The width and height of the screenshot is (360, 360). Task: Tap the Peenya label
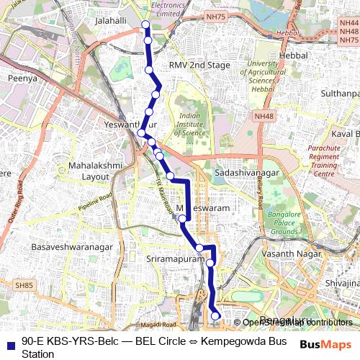[x=21, y=77]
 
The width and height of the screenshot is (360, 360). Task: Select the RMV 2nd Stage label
[x=199, y=66]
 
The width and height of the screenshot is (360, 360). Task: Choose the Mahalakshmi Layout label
[x=94, y=171]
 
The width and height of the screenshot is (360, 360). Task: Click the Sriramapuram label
[x=176, y=258]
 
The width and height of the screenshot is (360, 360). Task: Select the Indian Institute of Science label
[x=190, y=123]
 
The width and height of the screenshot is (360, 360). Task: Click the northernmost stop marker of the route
[x=146, y=25]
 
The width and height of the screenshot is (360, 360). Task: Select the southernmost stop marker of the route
[x=215, y=315]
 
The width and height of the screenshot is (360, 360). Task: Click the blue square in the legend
[x=9, y=343]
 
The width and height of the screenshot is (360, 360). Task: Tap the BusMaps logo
[x=325, y=345]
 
